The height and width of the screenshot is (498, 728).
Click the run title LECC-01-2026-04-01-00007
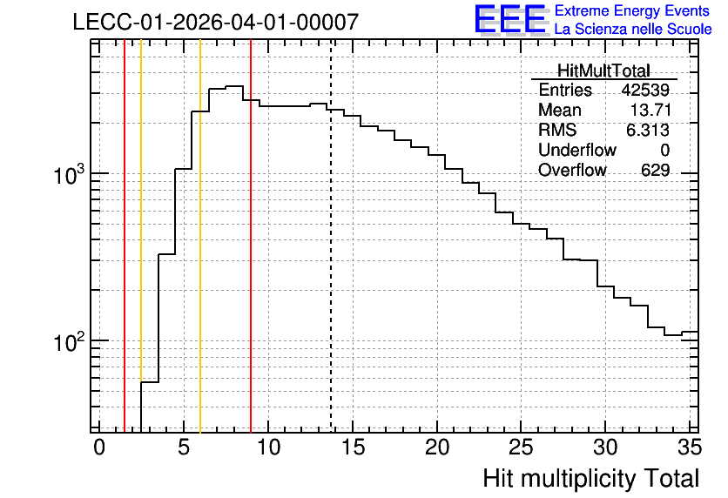point(216,22)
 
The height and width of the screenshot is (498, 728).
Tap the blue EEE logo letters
point(509,19)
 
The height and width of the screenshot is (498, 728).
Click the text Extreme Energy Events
point(632,10)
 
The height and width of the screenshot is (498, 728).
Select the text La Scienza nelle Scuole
point(633,30)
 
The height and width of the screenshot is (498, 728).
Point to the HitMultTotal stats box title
point(603,71)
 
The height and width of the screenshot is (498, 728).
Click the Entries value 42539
point(645,90)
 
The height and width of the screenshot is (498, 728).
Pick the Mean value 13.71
point(650,110)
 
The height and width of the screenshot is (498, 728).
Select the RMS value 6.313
point(648,131)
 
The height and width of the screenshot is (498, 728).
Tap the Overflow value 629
point(655,171)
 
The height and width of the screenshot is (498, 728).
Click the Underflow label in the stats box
point(577,150)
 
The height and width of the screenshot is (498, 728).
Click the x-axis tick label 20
point(437,448)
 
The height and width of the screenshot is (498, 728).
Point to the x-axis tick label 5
point(184,448)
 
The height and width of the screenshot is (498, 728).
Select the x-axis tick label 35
point(690,448)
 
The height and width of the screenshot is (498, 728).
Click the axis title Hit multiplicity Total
point(591,479)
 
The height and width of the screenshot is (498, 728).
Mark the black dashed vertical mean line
point(331,236)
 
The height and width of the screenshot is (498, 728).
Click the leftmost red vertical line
point(125,236)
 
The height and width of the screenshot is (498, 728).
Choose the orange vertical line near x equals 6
point(200,236)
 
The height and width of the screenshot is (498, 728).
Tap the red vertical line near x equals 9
point(251,236)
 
